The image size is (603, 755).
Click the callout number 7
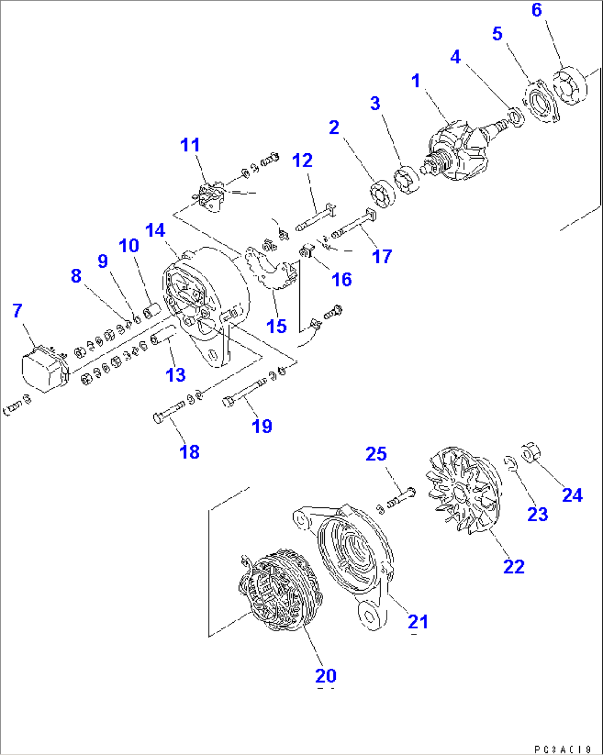(x=18, y=311)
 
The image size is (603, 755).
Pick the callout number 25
(x=376, y=454)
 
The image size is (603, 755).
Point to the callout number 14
(x=155, y=230)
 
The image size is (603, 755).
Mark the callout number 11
(x=190, y=145)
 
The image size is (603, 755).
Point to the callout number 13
(x=176, y=375)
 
